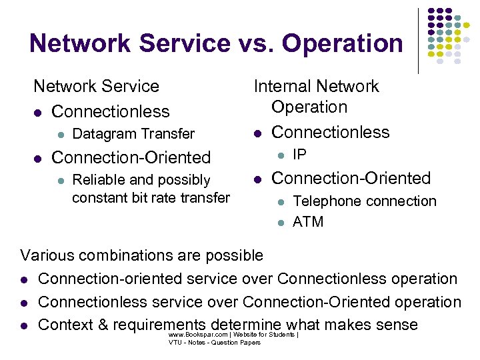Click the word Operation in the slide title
pos(343,43)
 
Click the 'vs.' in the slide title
pos(257,43)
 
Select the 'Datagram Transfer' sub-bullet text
pos(133,134)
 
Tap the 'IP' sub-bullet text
pos(300,155)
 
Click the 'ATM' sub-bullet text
pos(308,222)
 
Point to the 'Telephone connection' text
pos(365,201)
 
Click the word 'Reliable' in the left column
pos(97,180)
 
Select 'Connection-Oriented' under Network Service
pos(131,157)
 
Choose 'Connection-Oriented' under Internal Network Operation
pos(351,178)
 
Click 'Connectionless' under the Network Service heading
pos(110,111)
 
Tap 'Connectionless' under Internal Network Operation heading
pos(331,132)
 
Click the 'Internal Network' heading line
pos(316,86)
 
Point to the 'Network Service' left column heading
pos(96,86)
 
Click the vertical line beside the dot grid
pos(418,40)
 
